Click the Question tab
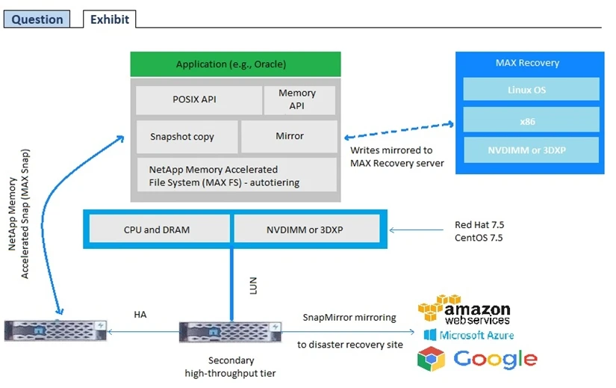[x=37, y=19]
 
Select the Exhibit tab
[x=109, y=19]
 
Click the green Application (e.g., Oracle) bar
[x=235, y=64]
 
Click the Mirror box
[x=289, y=137]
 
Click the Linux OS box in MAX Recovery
[x=531, y=90]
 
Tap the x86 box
[x=531, y=120]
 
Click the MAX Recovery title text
[x=527, y=63]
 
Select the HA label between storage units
[x=140, y=315]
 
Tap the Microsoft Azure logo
[x=468, y=335]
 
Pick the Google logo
[x=477, y=359]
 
